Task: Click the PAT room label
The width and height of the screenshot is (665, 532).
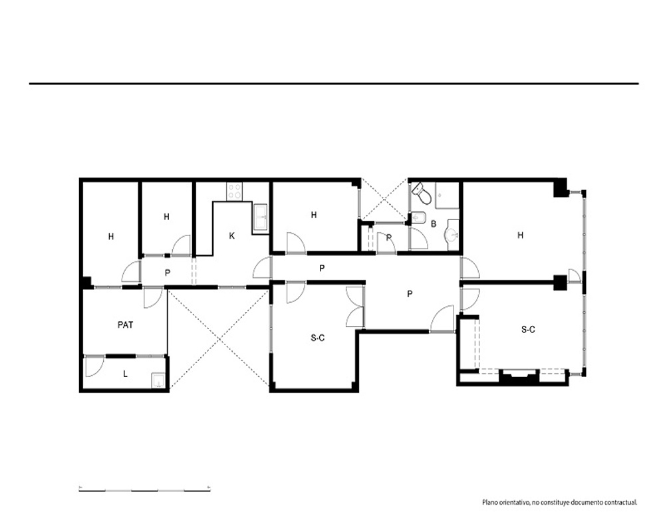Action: pos(125,325)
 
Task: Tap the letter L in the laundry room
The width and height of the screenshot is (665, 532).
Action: pos(125,374)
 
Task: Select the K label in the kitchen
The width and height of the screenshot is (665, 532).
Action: pos(231,236)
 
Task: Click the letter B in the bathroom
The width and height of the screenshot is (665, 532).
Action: pos(434,223)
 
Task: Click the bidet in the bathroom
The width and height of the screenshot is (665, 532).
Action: pos(418,217)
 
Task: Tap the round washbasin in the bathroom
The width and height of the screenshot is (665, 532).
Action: pos(452,233)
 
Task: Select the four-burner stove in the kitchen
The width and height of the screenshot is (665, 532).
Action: pos(235,192)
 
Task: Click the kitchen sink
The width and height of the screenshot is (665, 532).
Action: pos(261,218)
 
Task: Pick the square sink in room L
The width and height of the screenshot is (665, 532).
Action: pos(158,380)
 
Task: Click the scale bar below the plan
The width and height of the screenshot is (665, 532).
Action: pos(144,490)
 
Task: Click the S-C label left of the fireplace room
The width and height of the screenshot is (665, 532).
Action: pos(318,338)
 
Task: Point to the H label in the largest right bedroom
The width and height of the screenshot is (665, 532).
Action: pos(521,235)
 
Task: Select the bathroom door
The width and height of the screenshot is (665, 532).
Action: pos(419,239)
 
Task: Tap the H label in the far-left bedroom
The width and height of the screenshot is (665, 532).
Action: pos(110,236)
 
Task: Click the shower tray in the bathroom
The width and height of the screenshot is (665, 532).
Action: pos(447,196)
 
